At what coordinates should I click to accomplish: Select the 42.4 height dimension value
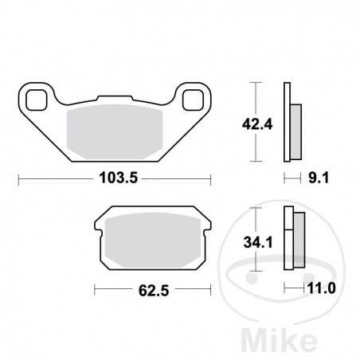click(251, 123)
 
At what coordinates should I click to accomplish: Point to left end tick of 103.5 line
click(19, 179)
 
